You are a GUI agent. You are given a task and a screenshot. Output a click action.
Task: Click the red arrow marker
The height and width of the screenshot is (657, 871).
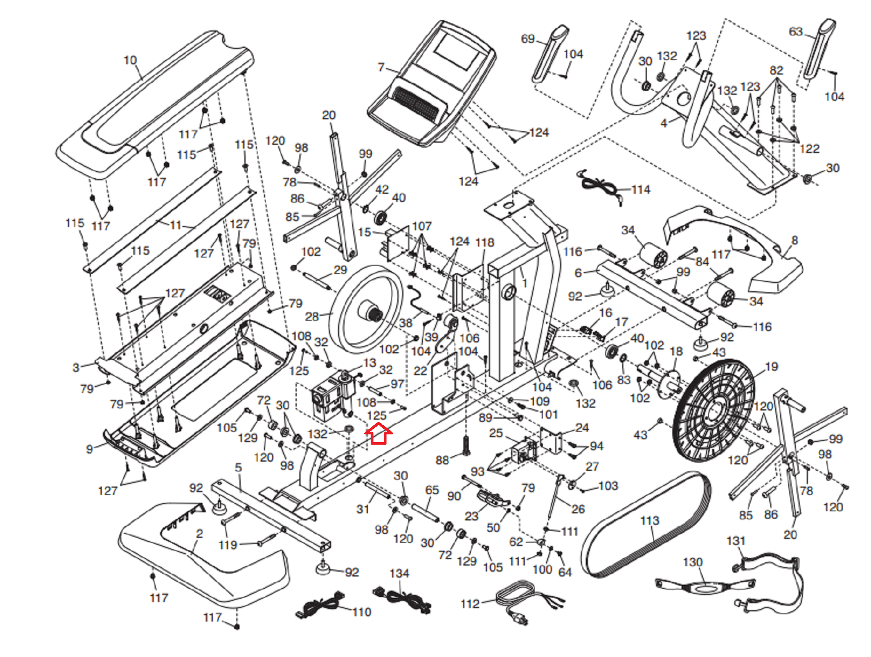378,434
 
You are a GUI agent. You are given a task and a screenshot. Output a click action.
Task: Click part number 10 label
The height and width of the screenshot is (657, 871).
130,60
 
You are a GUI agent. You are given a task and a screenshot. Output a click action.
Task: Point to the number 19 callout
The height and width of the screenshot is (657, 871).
771,367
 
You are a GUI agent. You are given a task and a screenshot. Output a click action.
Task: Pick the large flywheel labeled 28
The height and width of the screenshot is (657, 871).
366,308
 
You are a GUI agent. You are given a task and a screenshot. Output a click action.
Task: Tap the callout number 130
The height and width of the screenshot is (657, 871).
692,562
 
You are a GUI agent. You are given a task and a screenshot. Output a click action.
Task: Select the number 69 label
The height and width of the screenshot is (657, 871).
527,39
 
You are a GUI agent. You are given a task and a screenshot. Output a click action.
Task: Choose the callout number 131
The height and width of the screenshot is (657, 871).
735,541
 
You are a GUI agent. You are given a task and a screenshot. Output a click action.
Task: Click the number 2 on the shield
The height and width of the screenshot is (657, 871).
199,534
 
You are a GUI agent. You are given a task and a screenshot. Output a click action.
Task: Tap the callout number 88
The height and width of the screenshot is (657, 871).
442,460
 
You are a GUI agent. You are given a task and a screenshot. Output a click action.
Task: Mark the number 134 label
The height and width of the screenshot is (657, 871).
399,574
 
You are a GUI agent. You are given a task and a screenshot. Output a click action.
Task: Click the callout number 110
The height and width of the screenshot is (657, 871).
361,612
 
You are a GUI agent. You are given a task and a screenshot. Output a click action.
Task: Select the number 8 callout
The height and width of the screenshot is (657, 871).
795,240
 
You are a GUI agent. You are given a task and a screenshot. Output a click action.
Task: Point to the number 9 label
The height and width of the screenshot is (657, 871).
89,449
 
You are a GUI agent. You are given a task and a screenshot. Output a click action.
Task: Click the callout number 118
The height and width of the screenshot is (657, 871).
484,242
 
